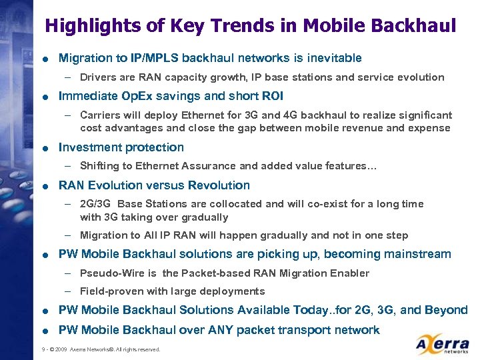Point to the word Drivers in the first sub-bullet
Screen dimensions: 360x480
coord(98,77)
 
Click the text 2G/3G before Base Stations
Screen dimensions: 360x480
coord(95,204)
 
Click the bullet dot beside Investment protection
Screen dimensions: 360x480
coord(42,148)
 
